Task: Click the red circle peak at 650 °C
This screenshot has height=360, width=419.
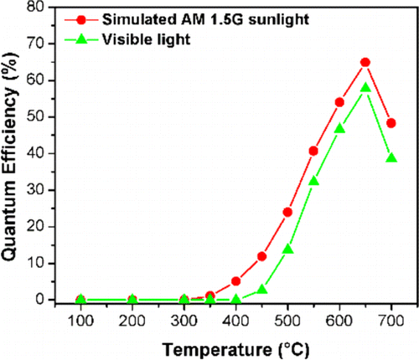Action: [x=365, y=62]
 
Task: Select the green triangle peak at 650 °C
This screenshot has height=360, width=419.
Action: [x=365, y=88]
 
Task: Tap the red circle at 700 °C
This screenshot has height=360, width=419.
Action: [x=391, y=123]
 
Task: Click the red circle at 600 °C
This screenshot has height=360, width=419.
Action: [x=339, y=102]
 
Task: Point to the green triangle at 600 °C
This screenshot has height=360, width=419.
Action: [x=339, y=129]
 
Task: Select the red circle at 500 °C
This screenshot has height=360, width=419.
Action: [x=287, y=212]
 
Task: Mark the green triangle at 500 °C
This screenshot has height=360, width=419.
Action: [x=287, y=249]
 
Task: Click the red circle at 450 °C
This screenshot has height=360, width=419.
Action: [x=261, y=256]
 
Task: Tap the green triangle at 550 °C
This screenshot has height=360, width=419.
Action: [x=313, y=181]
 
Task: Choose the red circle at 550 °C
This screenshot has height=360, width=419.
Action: [x=313, y=151]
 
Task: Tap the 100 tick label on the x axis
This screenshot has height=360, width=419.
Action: [x=80, y=321]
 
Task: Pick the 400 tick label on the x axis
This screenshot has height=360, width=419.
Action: [x=235, y=321]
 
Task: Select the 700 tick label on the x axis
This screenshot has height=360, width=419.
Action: [x=391, y=321]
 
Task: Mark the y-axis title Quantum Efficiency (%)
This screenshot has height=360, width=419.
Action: [x=12, y=155]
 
